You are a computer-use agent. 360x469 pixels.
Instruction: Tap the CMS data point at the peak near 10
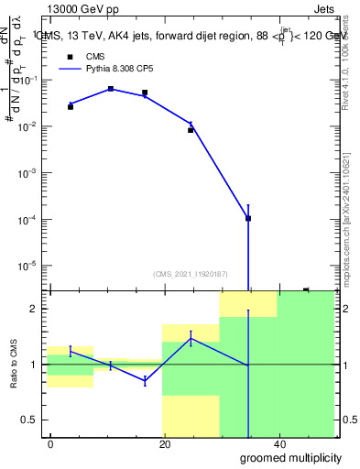pyautogui.click(x=111, y=89)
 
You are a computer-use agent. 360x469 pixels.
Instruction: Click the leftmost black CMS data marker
pyautogui.click(x=71, y=107)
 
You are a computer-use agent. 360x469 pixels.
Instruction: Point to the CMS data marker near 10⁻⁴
pyautogui.click(x=248, y=218)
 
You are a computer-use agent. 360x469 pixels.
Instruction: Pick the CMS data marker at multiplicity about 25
pyautogui.click(x=191, y=130)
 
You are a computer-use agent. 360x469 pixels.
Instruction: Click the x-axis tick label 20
pyautogui.click(x=165, y=442)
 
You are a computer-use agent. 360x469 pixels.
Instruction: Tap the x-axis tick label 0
pyautogui.click(x=50, y=442)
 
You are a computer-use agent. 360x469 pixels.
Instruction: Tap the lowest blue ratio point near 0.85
pyautogui.click(x=145, y=381)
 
